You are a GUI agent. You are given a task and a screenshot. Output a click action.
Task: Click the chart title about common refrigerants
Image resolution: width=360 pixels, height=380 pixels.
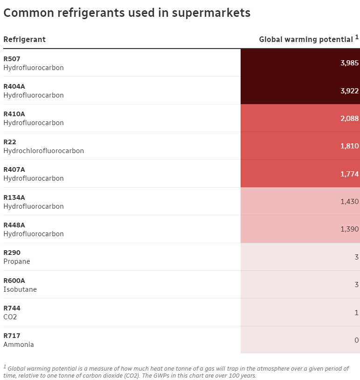pos(127,13)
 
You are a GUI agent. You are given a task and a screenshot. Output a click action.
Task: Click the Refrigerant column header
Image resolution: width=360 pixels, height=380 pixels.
pos(24,39)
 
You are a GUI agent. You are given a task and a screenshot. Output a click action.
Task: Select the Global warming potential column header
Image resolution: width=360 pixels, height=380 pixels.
pos(306,39)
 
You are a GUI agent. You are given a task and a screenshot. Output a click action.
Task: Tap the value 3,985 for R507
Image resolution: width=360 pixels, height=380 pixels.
pos(349,63)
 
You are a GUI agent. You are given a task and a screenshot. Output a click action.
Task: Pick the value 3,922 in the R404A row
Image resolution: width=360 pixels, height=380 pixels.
pos(349,91)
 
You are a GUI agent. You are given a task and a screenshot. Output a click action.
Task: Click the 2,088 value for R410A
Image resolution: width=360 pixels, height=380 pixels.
pos(349,119)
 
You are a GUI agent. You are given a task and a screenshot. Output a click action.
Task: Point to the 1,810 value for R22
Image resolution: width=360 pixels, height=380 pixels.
pos(349,146)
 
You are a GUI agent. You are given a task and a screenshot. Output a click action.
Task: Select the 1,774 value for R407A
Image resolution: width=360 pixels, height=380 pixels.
pos(349,174)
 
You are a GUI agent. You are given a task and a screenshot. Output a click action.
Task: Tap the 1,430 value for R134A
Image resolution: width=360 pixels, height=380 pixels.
pos(349,202)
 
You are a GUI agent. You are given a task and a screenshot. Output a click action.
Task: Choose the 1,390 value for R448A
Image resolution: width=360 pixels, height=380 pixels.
pos(349,229)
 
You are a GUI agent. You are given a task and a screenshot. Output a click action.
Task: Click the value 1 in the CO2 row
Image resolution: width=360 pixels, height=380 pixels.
pos(356,312)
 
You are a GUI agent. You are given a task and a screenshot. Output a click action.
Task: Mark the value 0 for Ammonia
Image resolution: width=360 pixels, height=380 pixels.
pos(356,340)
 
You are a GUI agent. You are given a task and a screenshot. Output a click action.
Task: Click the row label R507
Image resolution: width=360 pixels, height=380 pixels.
pos(12,59)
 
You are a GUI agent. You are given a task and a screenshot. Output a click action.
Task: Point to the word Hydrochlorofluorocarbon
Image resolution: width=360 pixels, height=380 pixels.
pos(43,151)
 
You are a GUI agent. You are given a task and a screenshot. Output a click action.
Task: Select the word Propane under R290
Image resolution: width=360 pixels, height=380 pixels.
pos(17,261)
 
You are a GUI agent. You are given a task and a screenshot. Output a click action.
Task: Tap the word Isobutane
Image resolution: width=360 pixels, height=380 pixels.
pos(20,289)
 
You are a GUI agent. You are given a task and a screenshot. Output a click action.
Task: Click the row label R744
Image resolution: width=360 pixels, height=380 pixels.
pos(12,308)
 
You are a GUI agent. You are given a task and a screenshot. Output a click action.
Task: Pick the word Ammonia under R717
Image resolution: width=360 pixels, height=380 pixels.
pos(19,345)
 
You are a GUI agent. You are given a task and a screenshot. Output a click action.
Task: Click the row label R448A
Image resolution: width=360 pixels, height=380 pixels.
pos(14,225)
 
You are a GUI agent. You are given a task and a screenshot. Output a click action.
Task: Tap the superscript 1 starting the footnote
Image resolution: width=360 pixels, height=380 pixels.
pos(5,366)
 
